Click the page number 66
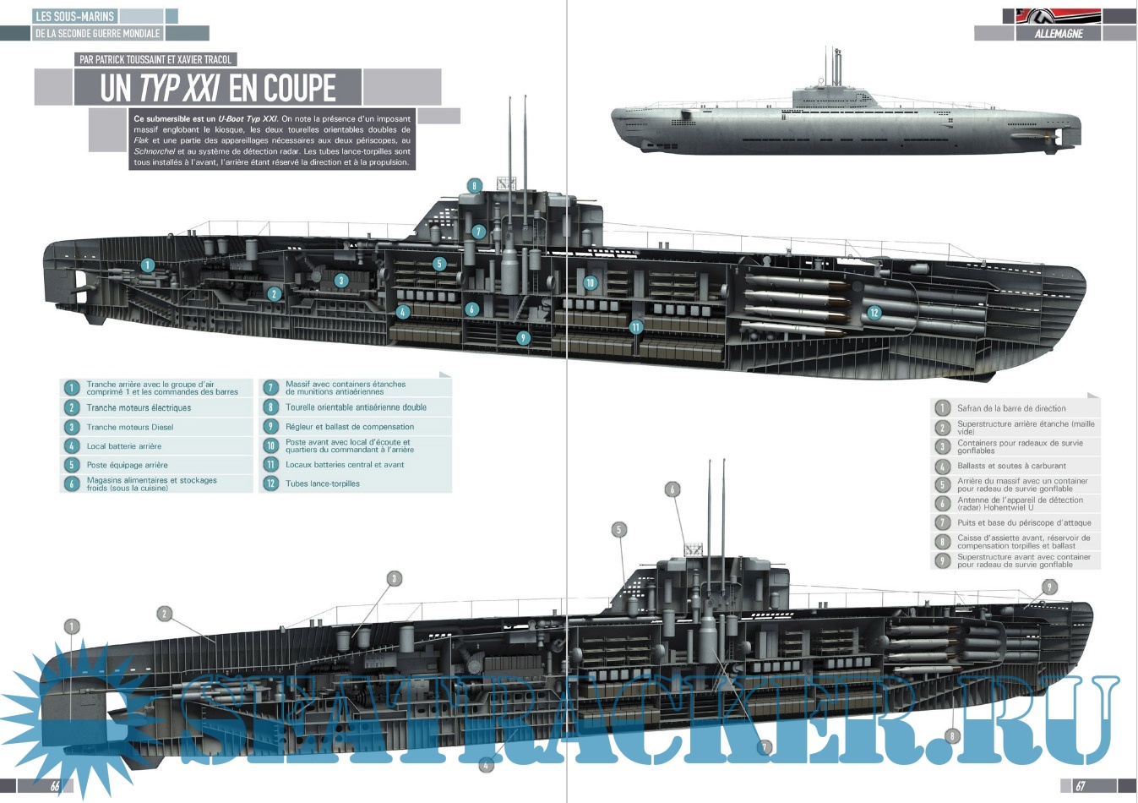55,786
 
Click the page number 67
1080,786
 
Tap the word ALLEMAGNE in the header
1059,35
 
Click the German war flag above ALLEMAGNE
1059,15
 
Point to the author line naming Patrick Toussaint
155,59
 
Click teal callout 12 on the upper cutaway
874,313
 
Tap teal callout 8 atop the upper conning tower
475,186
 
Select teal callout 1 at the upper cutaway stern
147,265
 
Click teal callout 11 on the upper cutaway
635,327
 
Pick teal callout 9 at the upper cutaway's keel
523,338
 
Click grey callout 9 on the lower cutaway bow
1049,587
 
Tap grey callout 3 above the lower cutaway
394,579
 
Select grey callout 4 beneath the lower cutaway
486,766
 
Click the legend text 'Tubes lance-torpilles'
323,483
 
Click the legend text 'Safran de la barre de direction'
1011,408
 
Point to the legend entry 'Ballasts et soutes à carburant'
1011,466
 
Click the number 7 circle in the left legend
270,388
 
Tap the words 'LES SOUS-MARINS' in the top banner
74,16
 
